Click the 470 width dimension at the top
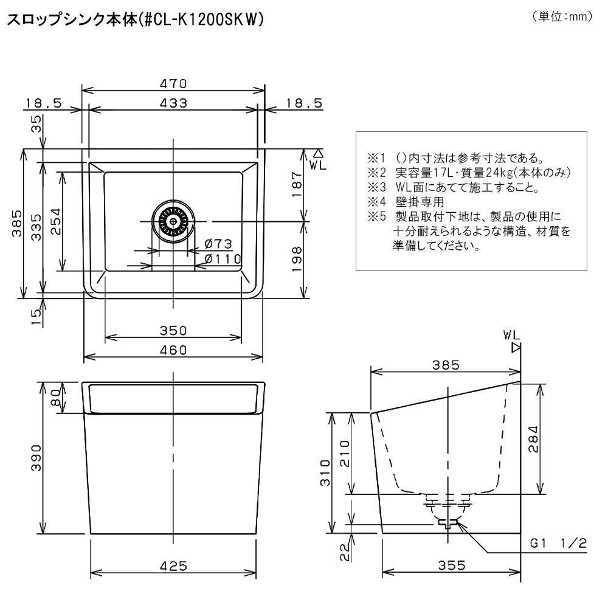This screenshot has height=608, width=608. (173, 83)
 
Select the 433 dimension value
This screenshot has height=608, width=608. (173, 103)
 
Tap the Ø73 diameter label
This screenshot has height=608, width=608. (218, 244)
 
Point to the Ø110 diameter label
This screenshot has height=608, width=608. (223, 258)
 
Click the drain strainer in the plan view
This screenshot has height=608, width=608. (173, 221)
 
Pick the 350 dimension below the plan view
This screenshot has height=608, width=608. (173, 330)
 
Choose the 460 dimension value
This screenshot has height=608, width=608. (173, 350)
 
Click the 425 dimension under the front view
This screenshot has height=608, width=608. (173, 566)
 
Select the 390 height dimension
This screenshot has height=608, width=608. (36, 458)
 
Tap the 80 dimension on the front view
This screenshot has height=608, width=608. (57, 398)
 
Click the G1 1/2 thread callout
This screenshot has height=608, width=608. (558, 543)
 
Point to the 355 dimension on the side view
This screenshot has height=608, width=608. (452, 565)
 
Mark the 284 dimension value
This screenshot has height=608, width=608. (534, 439)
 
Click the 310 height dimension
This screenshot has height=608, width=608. (325, 472)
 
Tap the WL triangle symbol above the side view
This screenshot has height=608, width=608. (516, 348)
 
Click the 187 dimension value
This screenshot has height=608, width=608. (297, 185)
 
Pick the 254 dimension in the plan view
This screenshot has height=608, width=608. (56, 221)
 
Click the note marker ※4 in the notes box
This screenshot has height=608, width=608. (376, 202)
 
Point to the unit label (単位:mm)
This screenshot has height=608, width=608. (562, 16)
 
